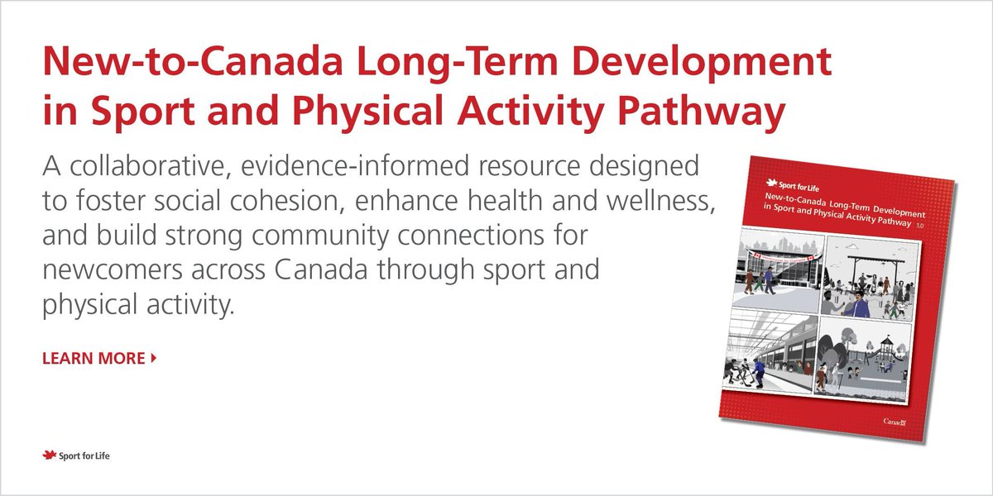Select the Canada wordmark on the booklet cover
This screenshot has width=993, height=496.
click(x=895, y=422)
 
